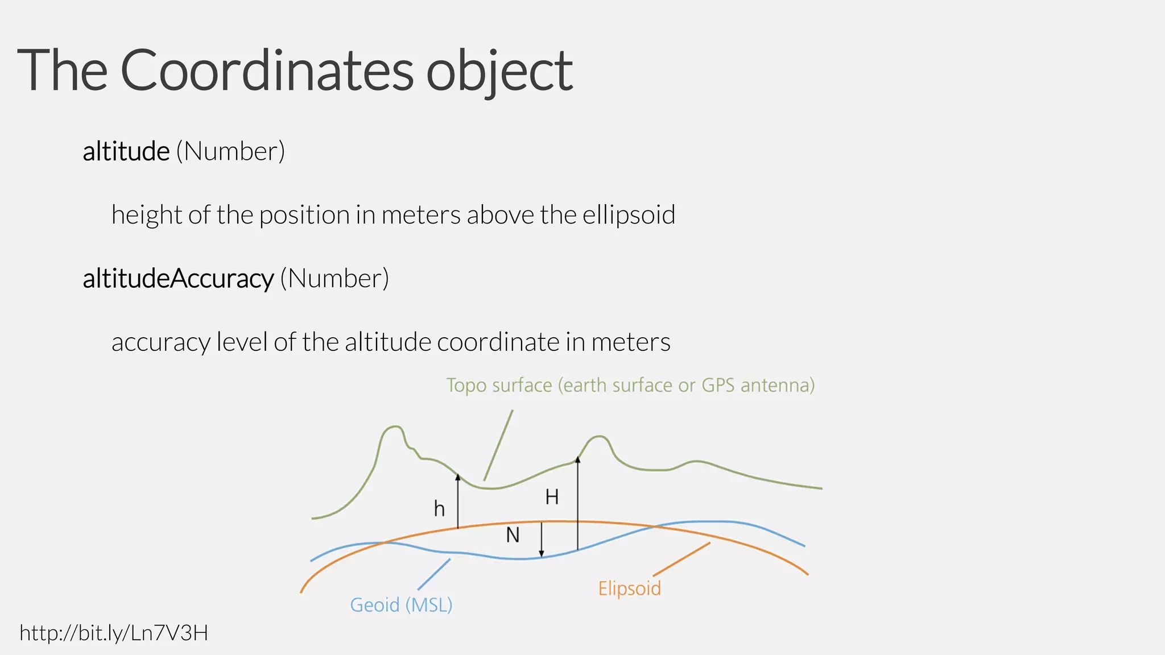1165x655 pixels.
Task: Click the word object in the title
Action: pos(499,72)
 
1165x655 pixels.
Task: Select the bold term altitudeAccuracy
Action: pos(178,279)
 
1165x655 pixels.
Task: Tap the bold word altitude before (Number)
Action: pos(126,151)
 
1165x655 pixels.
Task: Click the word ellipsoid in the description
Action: pos(629,215)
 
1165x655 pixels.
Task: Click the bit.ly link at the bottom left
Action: pos(114,633)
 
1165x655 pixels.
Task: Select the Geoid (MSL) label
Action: pos(401,604)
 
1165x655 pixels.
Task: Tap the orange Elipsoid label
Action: pos(629,588)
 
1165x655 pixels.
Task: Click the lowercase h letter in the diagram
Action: pos(439,509)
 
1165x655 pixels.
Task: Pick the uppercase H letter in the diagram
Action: pos(552,498)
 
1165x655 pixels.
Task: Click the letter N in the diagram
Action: pos(513,535)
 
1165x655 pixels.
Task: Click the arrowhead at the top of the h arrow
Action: pos(458,476)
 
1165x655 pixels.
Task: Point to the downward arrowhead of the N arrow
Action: pos(542,554)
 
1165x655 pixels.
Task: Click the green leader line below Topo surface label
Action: pos(498,445)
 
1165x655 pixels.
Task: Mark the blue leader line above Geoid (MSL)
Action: pos(434,574)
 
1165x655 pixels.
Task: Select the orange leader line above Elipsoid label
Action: pos(681,559)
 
